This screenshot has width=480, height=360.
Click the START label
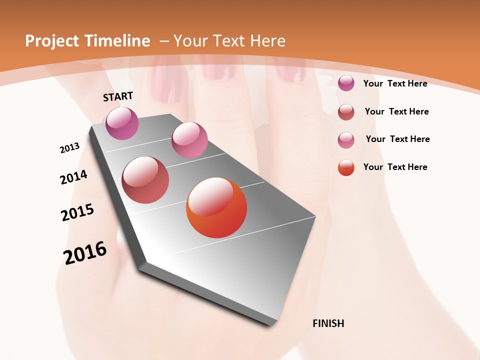[x=118, y=96]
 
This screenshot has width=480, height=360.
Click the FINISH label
[x=328, y=323]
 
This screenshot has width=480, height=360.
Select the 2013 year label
[x=69, y=148]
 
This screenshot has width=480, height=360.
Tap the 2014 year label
[x=73, y=177]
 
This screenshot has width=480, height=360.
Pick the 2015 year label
[x=77, y=212]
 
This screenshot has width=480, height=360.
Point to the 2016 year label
[x=85, y=252]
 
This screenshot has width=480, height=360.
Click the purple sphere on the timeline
[x=122, y=123]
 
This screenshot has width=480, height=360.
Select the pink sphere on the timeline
[x=189, y=140]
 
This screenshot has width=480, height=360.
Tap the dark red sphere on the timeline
[x=145, y=180]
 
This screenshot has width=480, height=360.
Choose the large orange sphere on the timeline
[x=216, y=207]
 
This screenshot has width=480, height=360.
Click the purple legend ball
[x=346, y=83]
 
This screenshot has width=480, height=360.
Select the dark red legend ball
[x=346, y=112]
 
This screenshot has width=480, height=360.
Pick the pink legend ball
[x=346, y=140]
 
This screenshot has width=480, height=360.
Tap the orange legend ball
[x=346, y=167]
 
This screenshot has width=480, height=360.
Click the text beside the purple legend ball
[x=395, y=83]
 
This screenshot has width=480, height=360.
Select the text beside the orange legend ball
[x=395, y=167]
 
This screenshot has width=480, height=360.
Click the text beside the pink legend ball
[x=397, y=139]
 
